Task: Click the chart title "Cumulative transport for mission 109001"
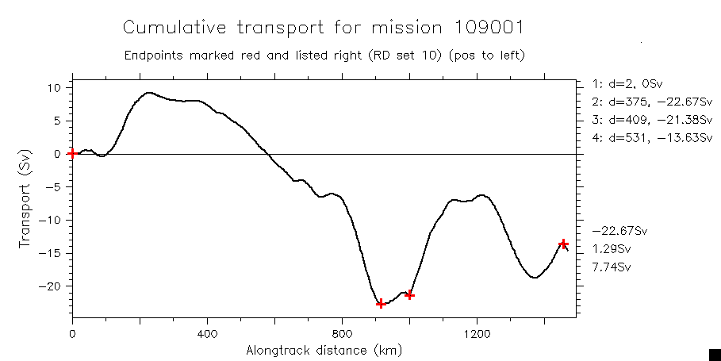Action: (323, 28)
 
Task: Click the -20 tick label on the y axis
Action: (53, 286)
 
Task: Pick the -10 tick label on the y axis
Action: (53, 220)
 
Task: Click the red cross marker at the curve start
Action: (72, 153)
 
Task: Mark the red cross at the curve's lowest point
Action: (381, 303)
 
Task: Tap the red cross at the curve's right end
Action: (563, 244)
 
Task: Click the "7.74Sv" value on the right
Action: (612, 267)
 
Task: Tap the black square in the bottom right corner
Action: (714, 355)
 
